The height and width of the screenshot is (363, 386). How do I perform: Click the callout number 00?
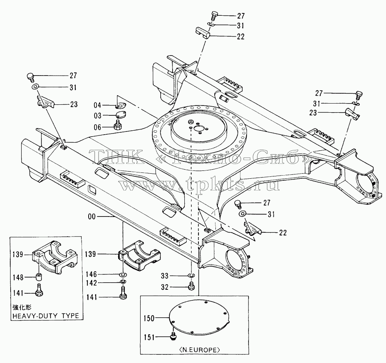[x=91, y=217]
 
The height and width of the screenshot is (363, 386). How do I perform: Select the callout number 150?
[x=149, y=319]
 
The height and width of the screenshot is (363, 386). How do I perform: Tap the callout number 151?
[x=149, y=337]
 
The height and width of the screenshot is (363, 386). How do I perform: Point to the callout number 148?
[x=18, y=278]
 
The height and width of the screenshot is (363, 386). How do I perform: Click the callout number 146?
[x=91, y=274]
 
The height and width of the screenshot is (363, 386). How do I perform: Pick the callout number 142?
[x=91, y=283]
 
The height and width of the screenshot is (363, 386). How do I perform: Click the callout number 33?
[x=165, y=276]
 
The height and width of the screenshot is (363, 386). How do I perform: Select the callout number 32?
[x=165, y=287]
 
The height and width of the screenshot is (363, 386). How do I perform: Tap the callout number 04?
[x=98, y=106]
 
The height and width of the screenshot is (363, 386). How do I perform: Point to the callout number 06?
[x=98, y=127]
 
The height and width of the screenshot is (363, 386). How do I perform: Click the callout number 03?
[x=98, y=116]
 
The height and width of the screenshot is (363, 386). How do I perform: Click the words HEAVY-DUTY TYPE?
[x=46, y=316]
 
